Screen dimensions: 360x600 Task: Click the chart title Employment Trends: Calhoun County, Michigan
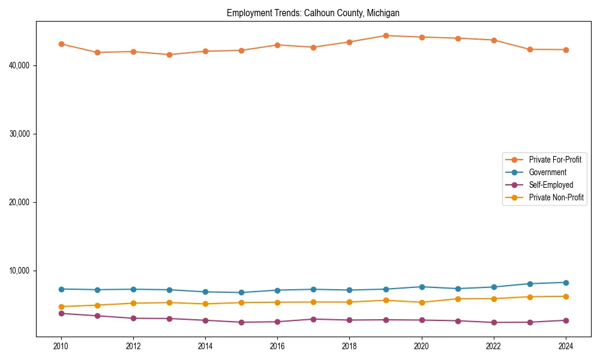(313, 13)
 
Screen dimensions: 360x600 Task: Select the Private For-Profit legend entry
(555, 160)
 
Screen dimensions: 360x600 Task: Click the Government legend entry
(547, 172)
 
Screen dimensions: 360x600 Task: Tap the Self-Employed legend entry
(551, 185)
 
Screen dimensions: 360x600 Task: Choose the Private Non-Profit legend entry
(556, 197)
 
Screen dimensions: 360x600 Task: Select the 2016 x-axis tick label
(277, 346)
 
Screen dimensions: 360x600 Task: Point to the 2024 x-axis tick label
(566, 346)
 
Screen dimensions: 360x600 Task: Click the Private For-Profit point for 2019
(386, 36)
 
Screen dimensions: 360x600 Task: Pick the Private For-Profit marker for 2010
(61, 44)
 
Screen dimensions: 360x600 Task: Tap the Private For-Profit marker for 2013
(169, 55)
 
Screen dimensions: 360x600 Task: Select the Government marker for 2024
(566, 283)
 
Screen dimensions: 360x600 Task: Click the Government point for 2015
(241, 293)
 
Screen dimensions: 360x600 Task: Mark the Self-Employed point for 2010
(61, 313)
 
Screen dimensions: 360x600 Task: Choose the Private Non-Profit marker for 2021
(458, 299)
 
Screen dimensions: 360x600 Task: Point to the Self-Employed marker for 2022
(494, 323)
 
